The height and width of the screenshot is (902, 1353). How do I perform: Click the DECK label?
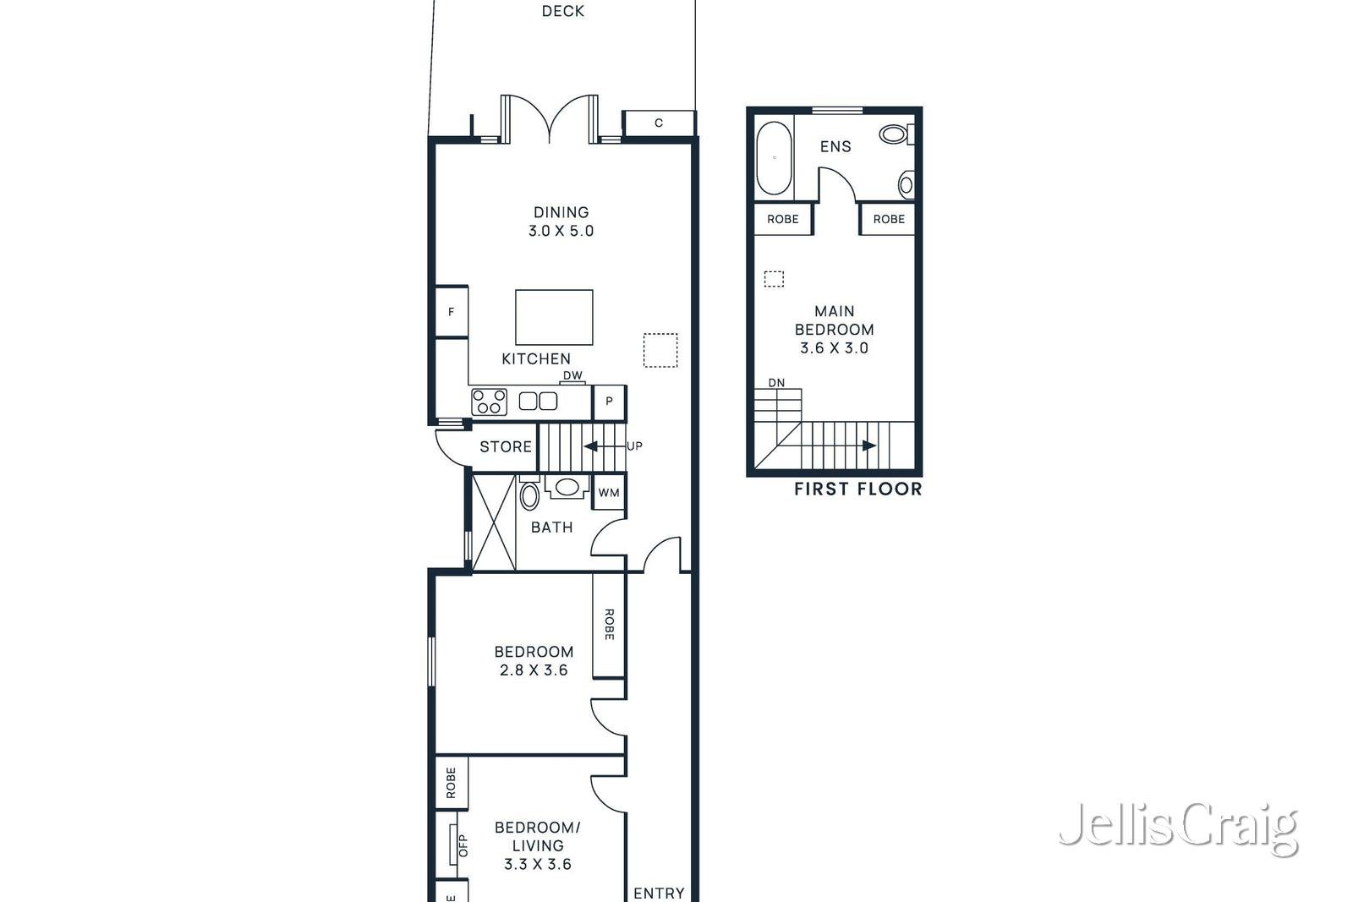click(562, 11)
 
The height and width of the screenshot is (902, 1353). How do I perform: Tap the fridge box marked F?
click(452, 312)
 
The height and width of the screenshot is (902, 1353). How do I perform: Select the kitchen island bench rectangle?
click(554, 317)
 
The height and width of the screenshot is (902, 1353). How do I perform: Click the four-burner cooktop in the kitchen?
click(489, 402)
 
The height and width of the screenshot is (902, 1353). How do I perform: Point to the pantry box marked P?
click(609, 402)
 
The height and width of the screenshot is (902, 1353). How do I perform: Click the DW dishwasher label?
click(572, 375)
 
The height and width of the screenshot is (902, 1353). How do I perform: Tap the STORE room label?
click(506, 446)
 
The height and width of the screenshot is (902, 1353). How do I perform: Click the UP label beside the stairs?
click(634, 446)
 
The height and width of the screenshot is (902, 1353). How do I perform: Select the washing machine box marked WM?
click(609, 493)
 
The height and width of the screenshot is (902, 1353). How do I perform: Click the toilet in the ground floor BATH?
click(529, 495)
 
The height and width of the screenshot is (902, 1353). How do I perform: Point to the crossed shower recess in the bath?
click(494, 522)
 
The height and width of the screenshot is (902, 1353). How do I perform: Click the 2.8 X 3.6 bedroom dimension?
click(534, 670)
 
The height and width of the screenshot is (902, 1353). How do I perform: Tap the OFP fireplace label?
click(463, 845)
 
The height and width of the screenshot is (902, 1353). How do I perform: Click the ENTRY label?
click(659, 893)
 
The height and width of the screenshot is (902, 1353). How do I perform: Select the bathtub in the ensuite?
click(774, 159)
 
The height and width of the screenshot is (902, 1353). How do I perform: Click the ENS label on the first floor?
click(835, 146)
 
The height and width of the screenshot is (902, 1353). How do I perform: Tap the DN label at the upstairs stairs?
click(776, 383)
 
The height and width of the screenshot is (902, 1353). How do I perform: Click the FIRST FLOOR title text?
click(857, 489)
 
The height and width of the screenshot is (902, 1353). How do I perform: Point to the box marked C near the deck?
click(659, 123)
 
